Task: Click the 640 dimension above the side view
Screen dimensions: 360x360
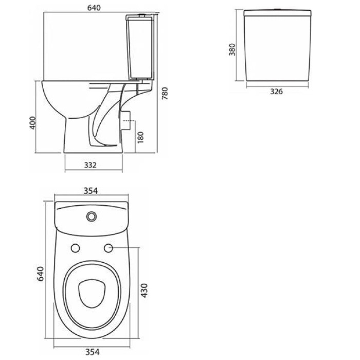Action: point(94,8)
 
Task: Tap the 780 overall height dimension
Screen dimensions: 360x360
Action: point(165,93)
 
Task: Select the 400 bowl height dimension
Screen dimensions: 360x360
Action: point(33,123)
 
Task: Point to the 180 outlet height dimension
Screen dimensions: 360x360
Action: point(140,137)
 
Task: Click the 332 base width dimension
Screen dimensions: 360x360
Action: point(90,165)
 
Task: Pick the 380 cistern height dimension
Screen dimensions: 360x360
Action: point(232,49)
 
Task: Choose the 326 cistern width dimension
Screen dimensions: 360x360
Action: point(277,92)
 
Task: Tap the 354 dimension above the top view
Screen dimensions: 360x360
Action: point(91,191)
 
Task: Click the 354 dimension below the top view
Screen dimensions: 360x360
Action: point(93,352)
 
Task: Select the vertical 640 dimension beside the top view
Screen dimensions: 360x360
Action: point(41,274)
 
